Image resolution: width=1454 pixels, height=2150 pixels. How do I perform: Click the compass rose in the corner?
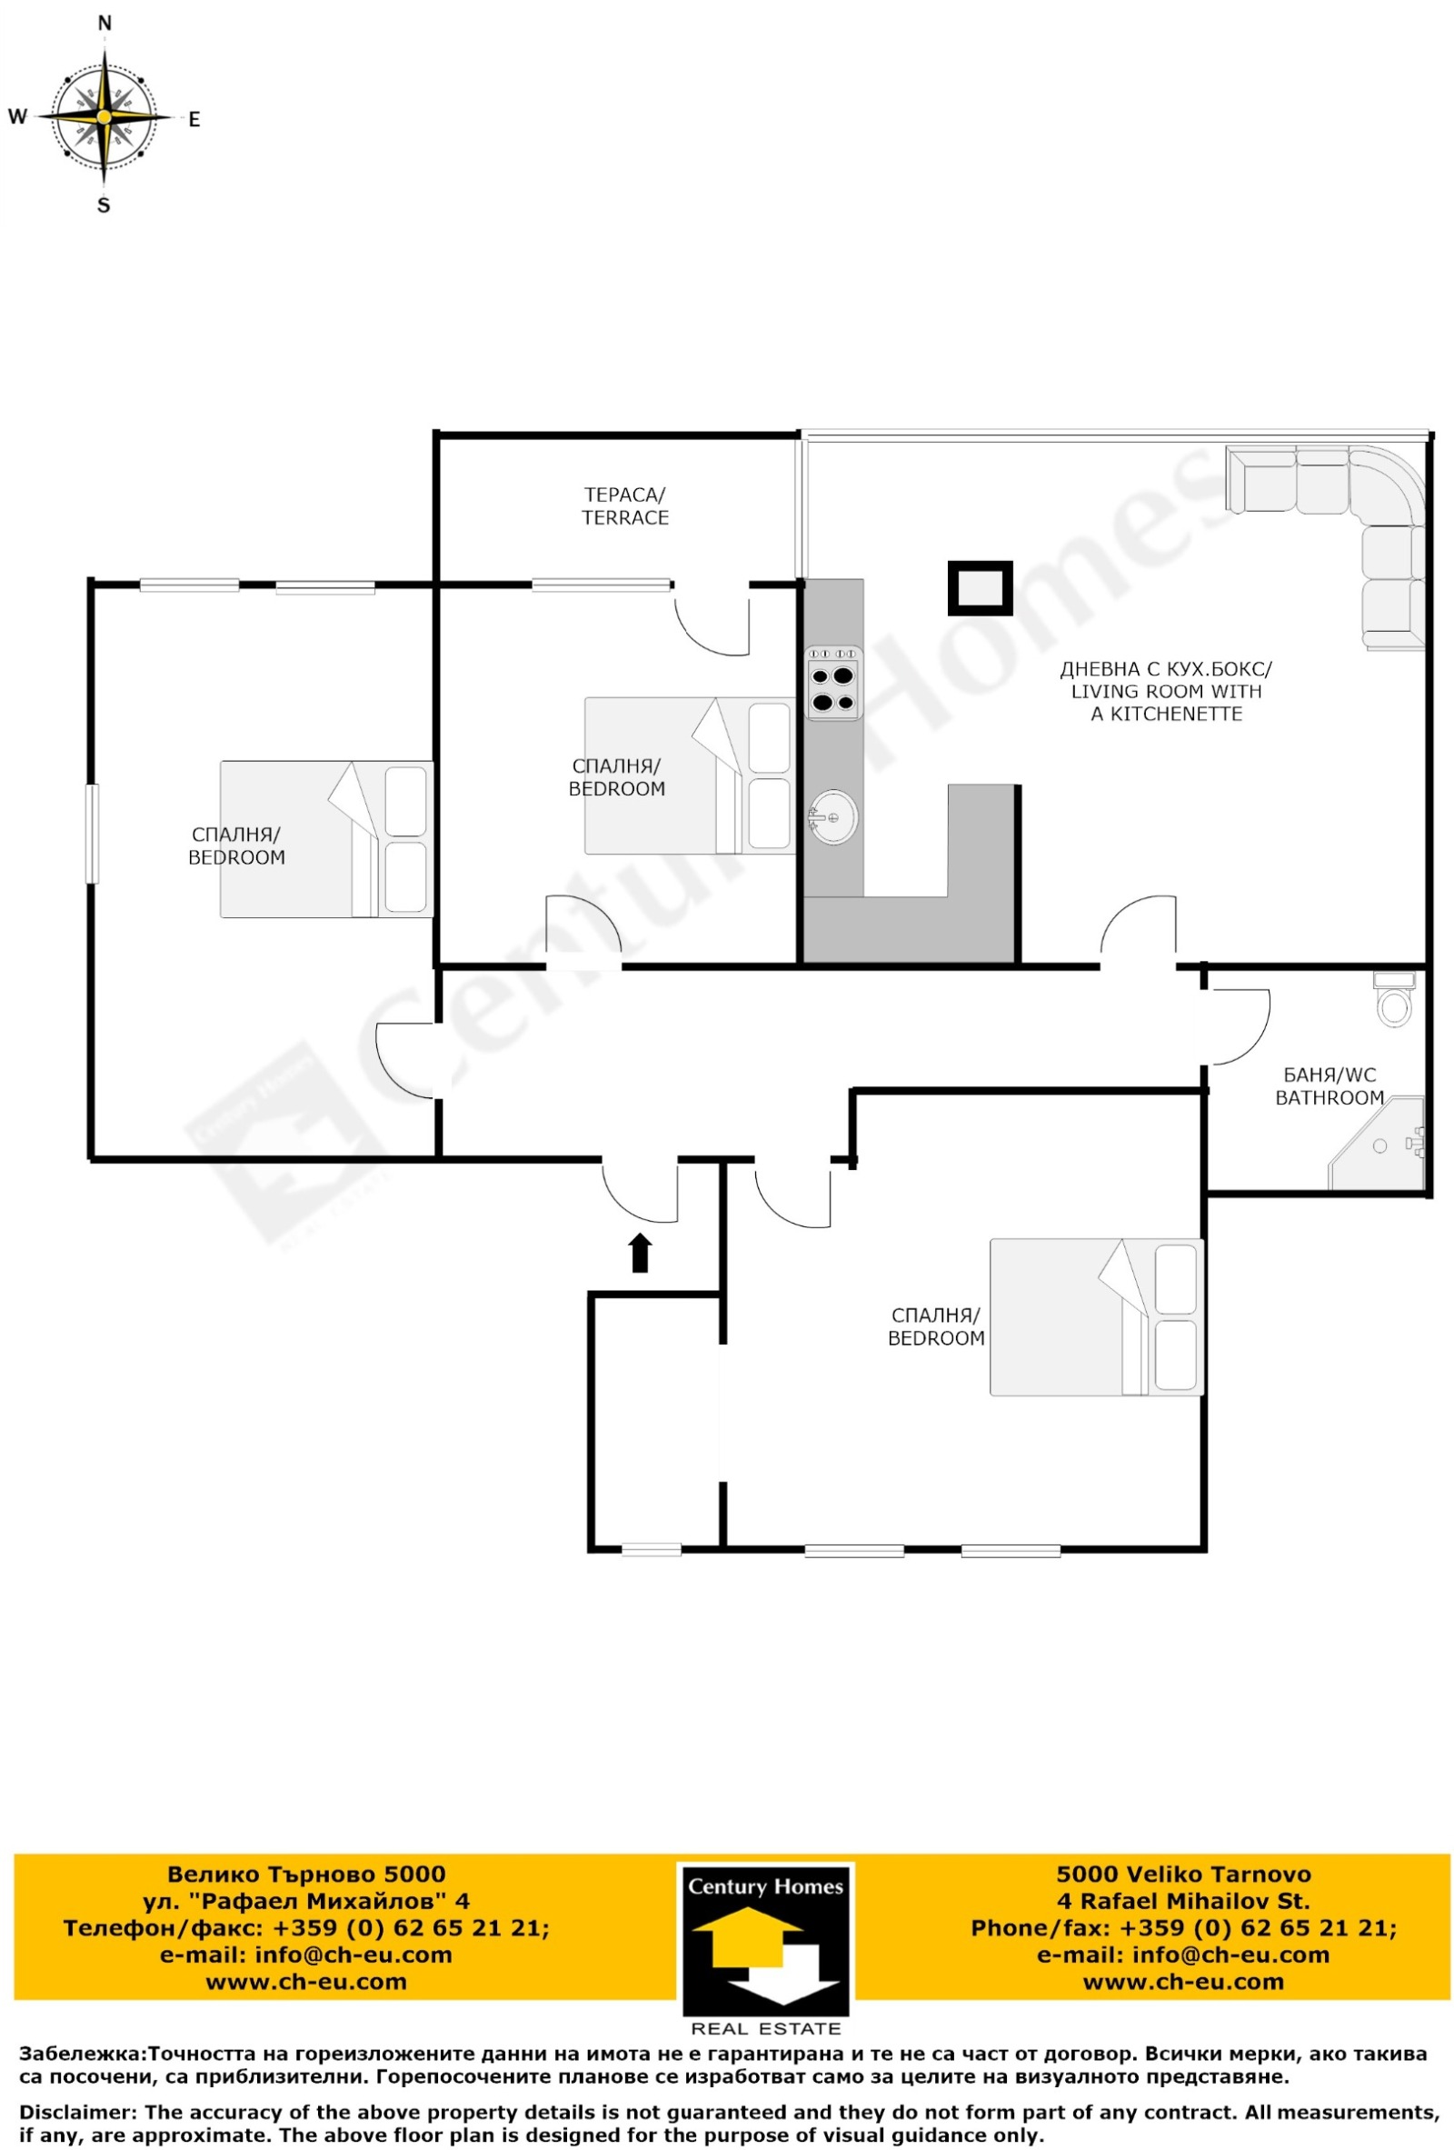(x=105, y=117)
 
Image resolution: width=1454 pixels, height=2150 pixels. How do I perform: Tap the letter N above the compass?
(x=105, y=23)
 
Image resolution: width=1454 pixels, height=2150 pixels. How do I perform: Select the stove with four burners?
(x=832, y=682)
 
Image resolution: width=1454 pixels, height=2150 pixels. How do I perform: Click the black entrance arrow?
(x=639, y=1253)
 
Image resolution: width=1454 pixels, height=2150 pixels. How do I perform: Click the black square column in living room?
(x=980, y=588)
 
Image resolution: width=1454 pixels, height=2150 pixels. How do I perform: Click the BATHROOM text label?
(x=1329, y=1097)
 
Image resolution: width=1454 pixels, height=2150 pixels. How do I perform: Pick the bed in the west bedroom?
(x=325, y=838)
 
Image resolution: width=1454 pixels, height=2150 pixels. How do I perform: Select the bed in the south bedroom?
(x=1096, y=1316)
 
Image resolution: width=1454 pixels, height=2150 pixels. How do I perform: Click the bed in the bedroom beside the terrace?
(x=690, y=775)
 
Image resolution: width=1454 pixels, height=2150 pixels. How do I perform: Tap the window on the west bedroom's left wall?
(x=92, y=833)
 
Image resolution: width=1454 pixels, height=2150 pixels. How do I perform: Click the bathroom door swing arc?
(x=1240, y=1027)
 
